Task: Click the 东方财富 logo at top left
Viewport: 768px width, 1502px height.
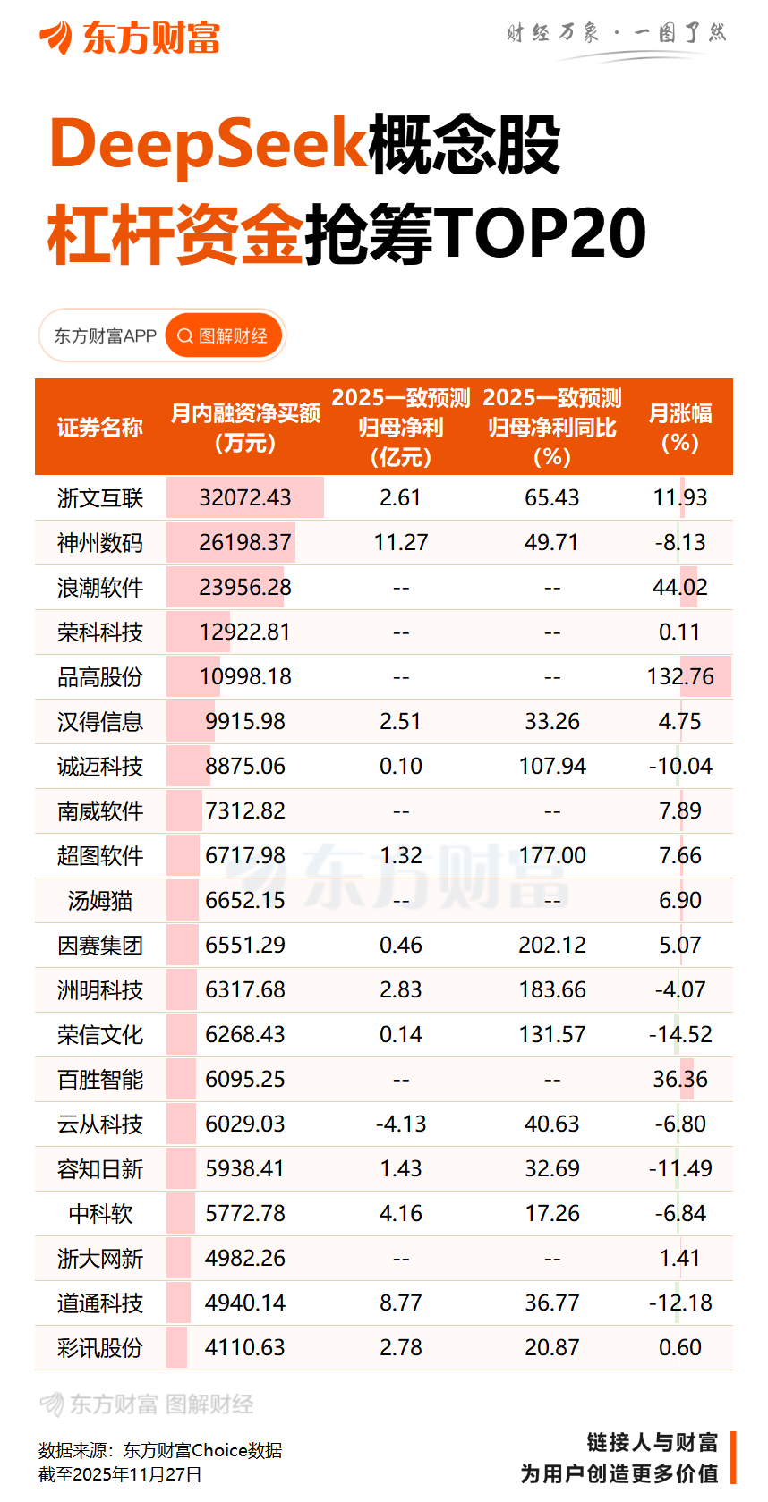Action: coord(129,38)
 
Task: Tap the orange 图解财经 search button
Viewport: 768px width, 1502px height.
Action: coord(224,335)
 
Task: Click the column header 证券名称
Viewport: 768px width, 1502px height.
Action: coord(100,428)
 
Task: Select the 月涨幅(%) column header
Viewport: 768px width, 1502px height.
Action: coord(679,428)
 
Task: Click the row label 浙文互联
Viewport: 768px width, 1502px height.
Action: coord(100,498)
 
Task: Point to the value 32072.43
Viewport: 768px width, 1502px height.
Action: coord(244,498)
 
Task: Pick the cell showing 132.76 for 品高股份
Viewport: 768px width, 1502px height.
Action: coord(680,677)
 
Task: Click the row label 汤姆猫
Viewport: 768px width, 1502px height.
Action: coord(100,901)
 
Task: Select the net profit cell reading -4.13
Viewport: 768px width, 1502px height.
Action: coord(400,1124)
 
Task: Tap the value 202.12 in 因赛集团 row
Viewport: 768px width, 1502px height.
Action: coord(551,946)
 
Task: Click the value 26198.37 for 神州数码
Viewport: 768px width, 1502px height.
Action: coord(244,543)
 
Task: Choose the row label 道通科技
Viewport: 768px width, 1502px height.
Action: coord(100,1303)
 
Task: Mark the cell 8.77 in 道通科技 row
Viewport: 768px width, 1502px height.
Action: coord(400,1303)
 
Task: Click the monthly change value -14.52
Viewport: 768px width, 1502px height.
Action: coord(680,1035)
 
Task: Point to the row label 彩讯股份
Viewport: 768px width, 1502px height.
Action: coord(100,1348)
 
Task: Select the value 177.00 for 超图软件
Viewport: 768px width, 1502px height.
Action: coord(551,856)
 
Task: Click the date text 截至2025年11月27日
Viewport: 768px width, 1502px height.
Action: coord(120,1474)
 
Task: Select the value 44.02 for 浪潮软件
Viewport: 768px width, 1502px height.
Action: coord(680,588)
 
